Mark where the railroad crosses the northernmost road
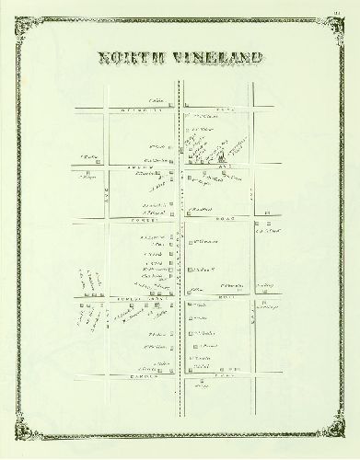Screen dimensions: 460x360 pyautogui.click(x=180, y=109)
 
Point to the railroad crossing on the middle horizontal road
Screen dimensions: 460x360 pyautogui.click(x=180, y=222)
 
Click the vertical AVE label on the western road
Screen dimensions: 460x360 pyautogui.click(x=108, y=195)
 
